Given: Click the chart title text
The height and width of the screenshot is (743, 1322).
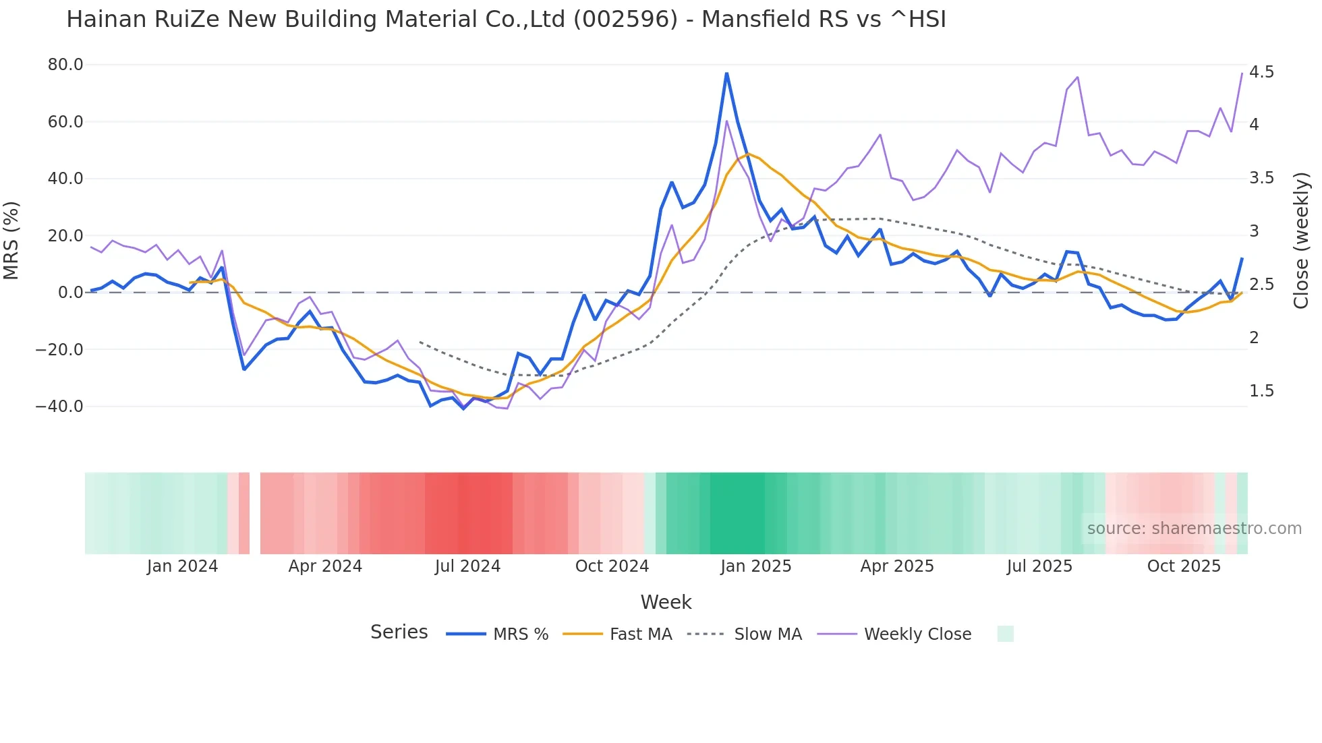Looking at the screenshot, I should [506, 20].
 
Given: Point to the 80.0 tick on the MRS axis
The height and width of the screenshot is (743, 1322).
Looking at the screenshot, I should [65, 65].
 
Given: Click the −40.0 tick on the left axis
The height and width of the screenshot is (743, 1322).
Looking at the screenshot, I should [60, 407].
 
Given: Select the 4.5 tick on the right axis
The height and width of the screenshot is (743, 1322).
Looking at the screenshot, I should [1261, 72].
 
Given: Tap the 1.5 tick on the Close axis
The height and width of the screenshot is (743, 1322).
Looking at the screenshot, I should [1261, 391].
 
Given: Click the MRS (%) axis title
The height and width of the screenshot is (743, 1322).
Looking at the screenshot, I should [11, 240].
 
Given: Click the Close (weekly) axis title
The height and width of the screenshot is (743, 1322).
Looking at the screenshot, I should [1301, 240].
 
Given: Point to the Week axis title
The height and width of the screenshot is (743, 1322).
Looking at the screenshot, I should [666, 602].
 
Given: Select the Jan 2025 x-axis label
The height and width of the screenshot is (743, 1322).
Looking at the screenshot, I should [755, 566].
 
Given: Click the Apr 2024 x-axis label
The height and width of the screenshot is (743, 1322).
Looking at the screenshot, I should [325, 566].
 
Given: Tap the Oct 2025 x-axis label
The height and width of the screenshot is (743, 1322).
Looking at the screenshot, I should [1184, 566].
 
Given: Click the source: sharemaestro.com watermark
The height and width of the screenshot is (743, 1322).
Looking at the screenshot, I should [1194, 529].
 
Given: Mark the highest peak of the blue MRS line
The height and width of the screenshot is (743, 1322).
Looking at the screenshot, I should [726, 73].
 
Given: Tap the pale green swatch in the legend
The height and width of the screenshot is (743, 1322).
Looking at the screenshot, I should [1005, 634].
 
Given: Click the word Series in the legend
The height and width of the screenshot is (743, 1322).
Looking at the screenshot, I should [399, 632].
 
